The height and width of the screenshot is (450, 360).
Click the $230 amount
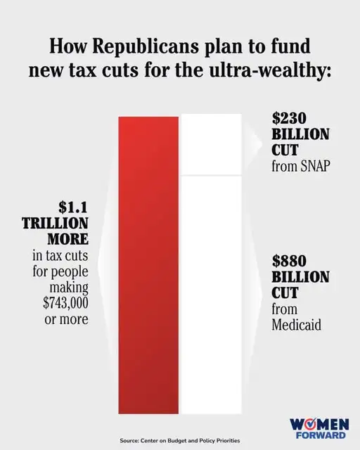[290, 118]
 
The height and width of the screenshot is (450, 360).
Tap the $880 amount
[290, 260]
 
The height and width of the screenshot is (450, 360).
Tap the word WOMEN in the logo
[319, 425]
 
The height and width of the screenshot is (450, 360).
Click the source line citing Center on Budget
[179, 441]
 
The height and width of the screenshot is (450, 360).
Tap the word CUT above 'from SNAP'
[285, 150]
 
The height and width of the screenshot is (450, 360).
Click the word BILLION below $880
[300, 276]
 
